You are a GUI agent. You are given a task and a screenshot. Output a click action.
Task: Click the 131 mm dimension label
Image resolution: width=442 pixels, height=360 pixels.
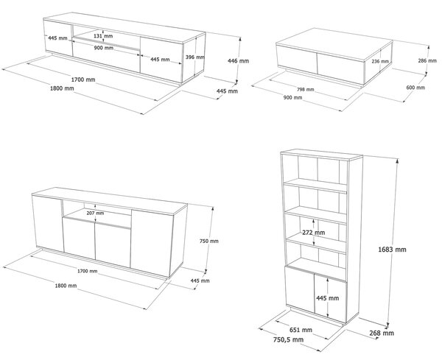point(103,36)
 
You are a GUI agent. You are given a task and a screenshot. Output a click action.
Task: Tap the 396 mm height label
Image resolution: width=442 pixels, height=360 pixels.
point(195,57)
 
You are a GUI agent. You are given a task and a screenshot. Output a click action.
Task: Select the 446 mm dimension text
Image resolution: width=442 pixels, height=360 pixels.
point(238,60)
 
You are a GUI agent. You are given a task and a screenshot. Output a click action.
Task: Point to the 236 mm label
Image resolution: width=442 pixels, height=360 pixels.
point(380,61)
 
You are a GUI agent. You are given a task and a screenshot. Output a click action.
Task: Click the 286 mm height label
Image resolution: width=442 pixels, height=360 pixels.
point(427,60)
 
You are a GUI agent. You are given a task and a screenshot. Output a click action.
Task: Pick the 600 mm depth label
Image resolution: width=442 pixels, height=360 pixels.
point(415,88)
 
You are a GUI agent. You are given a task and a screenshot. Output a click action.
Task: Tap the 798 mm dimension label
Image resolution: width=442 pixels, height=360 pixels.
point(305,90)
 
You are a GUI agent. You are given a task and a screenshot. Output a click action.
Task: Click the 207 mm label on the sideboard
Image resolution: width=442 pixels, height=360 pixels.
point(95,213)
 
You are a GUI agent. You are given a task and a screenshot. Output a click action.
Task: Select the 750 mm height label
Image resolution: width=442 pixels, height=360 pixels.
point(209,241)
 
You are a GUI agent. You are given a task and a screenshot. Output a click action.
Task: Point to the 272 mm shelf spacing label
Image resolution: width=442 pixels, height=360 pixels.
point(314,233)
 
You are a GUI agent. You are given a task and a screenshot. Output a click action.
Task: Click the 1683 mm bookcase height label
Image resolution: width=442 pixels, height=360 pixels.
point(392,250)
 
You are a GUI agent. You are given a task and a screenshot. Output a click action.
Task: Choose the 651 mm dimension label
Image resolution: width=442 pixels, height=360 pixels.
point(301,330)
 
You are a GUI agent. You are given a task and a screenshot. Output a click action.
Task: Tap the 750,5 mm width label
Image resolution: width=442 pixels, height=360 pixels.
point(288,339)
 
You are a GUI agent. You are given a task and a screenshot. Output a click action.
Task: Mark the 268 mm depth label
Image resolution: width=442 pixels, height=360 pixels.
point(382,333)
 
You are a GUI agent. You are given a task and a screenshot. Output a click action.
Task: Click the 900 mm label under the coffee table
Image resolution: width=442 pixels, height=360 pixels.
point(292,97)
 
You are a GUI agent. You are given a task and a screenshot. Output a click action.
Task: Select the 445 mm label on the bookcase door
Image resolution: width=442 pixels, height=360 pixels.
point(328,298)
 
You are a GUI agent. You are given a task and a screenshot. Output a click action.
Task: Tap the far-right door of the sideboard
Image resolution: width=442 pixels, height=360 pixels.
point(152,243)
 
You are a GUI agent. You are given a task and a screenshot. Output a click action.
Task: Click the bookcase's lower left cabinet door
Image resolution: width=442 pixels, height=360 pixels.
point(300,289)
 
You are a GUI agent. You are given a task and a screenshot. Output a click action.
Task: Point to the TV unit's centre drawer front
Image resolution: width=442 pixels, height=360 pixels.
point(106,56)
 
